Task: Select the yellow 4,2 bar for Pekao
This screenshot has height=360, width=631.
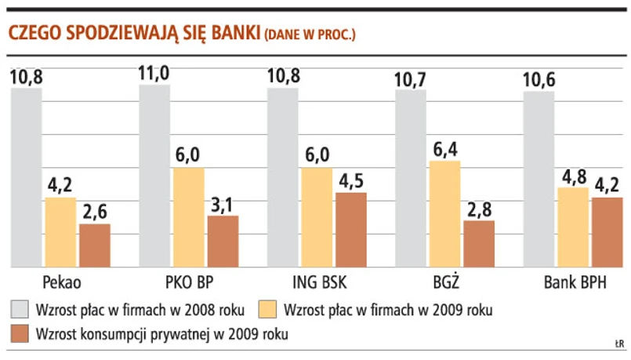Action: point(60,232)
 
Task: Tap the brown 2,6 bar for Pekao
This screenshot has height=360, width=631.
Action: point(95,245)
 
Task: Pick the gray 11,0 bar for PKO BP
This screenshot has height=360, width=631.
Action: point(154,176)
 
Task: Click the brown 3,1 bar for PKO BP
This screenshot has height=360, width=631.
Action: point(223,242)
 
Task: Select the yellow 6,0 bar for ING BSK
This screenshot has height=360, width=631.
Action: point(317,217)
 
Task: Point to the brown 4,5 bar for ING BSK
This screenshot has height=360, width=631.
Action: point(350,230)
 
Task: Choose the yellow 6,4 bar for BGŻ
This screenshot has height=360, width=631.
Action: point(444,214)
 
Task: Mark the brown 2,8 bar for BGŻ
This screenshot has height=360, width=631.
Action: point(479,244)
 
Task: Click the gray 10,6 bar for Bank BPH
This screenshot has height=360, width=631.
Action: point(539,180)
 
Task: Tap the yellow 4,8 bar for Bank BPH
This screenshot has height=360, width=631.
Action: point(573,227)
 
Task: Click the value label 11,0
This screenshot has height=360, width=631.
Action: point(154,74)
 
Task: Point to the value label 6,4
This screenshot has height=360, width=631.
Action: point(444,149)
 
